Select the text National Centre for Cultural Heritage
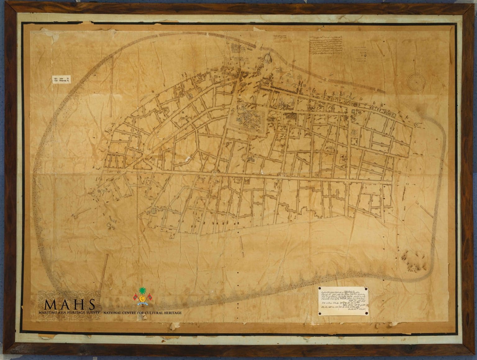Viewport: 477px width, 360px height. (x=143, y=313)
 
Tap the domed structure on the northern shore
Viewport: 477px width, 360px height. (x=267, y=59)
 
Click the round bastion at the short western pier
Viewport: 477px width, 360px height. (x=75, y=215)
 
